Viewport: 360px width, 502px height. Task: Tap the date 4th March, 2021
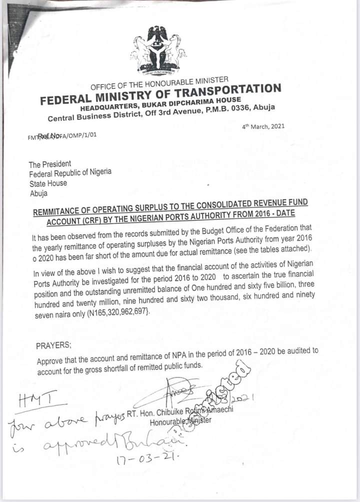[x=263, y=126]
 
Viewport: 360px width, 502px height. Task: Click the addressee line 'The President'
[x=50, y=164]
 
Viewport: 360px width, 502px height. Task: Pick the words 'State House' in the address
[x=47, y=183]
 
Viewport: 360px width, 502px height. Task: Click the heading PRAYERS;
[x=54, y=345]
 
